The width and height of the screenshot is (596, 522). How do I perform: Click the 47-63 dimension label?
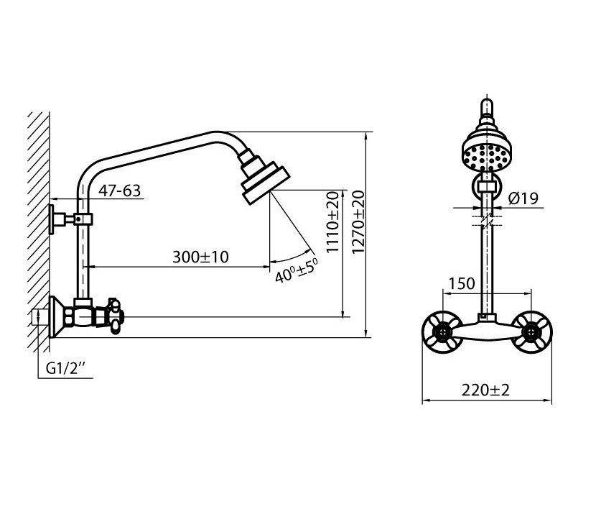pos(119,191)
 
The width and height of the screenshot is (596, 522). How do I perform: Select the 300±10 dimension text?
pos(200,257)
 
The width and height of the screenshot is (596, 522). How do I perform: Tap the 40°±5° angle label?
pos(296,270)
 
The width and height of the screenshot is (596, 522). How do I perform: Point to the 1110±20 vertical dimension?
pos(332,221)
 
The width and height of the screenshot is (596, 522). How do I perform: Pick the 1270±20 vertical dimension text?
pos(358,221)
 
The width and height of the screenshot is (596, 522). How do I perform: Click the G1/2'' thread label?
pos(65,368)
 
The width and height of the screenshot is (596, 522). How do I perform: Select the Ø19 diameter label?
pos(523,198)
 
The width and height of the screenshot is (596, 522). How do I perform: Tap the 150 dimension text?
pos(462,283)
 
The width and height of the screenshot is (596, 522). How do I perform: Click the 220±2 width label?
pos(485,390)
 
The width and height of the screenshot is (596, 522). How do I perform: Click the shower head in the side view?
pos(264,177)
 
